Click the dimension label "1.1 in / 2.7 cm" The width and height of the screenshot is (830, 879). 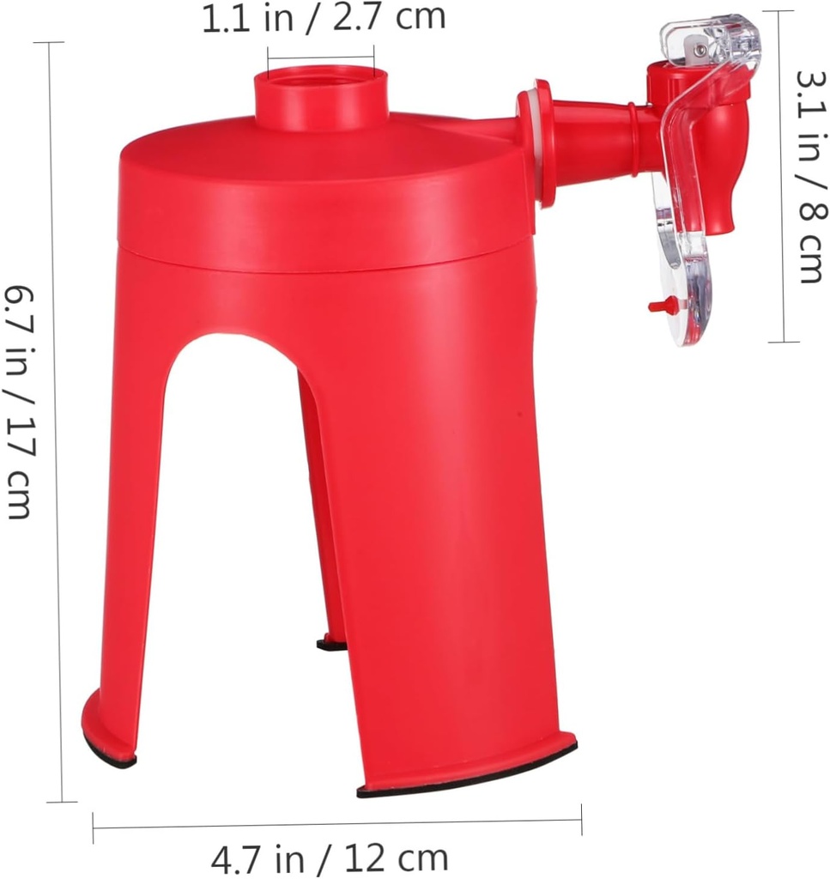tap(324, 18)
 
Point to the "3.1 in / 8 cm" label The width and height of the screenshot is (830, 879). tap(810, 175)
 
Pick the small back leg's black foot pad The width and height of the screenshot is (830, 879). tap(331, 643)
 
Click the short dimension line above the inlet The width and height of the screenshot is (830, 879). tap(320, 59)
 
